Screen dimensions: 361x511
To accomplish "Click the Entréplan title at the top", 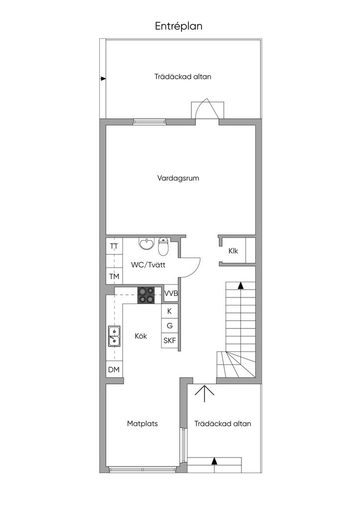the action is point(179,26).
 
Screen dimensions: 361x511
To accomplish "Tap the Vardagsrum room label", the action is point(178,178).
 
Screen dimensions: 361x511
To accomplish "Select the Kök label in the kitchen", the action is point(141,336).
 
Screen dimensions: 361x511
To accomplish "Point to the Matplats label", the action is point(142,424).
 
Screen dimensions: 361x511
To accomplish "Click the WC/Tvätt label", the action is point(148,264).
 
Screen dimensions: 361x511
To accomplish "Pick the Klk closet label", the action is point(233,251).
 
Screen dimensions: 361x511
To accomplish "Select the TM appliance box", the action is point(114,276).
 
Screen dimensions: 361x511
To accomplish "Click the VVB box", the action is point(171,293).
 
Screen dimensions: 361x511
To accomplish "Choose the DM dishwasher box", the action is point(114,369).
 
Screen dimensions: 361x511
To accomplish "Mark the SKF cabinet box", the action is point(170,340).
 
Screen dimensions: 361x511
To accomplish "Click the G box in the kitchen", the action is point(170,325).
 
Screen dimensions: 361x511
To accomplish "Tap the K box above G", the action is point(170,311).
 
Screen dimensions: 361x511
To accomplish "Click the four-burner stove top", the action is point(146,295).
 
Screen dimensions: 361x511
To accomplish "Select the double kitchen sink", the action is point(114,336).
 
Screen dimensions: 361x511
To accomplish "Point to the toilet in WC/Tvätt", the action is point(163,247).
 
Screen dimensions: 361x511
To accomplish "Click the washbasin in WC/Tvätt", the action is point(147,244).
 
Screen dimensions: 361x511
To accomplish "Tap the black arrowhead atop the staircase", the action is point(240,285).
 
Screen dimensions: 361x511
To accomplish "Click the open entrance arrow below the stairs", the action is point(204,393).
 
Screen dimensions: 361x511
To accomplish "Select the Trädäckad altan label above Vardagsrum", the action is point(182,76).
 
